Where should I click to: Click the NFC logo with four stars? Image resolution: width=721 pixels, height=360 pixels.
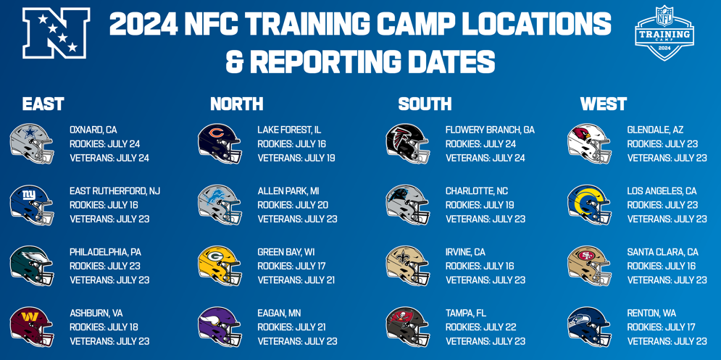(56, 33)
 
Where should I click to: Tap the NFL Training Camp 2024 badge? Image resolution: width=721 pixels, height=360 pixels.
(664, 33)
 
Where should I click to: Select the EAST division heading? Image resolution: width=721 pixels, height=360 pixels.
(43, 104)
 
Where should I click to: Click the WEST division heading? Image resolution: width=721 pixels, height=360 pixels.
(604, 104)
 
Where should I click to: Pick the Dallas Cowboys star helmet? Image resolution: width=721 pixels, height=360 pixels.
(32, 143)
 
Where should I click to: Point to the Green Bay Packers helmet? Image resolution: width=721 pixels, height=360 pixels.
(220, 266)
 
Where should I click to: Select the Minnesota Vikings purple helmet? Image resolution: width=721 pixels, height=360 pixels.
(220, 327)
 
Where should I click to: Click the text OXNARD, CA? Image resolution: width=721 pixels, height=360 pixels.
(93, 130)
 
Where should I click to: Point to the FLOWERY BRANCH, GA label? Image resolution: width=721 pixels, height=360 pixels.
(490, 130)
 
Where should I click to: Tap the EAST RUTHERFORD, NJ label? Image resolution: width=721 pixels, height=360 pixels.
(115, 191)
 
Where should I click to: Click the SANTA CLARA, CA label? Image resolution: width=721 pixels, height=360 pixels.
(662, 252)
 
